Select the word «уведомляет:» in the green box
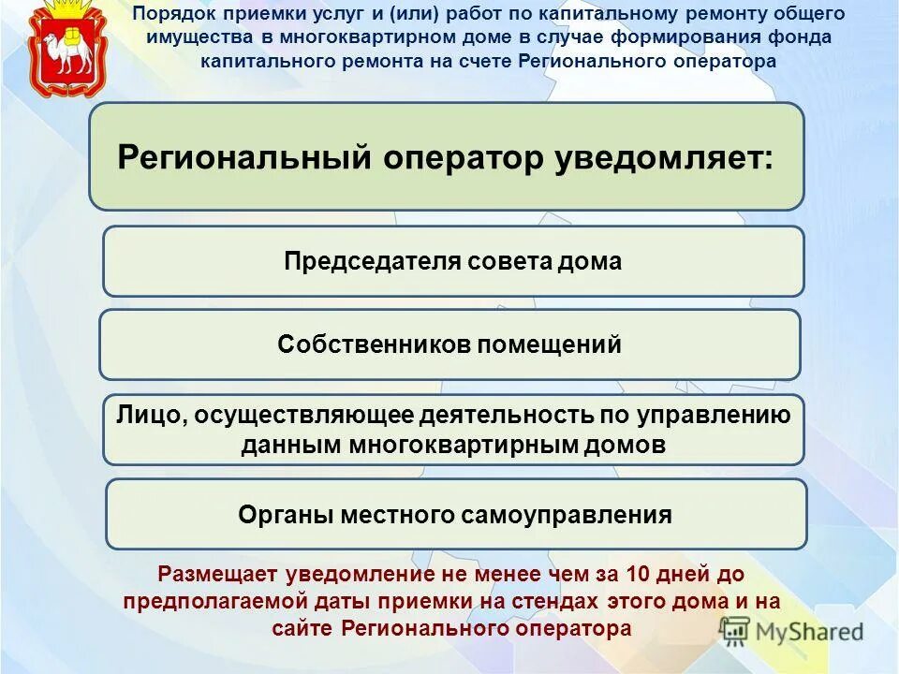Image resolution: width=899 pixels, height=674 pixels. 663,156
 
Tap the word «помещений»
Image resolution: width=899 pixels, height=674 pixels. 550,344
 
